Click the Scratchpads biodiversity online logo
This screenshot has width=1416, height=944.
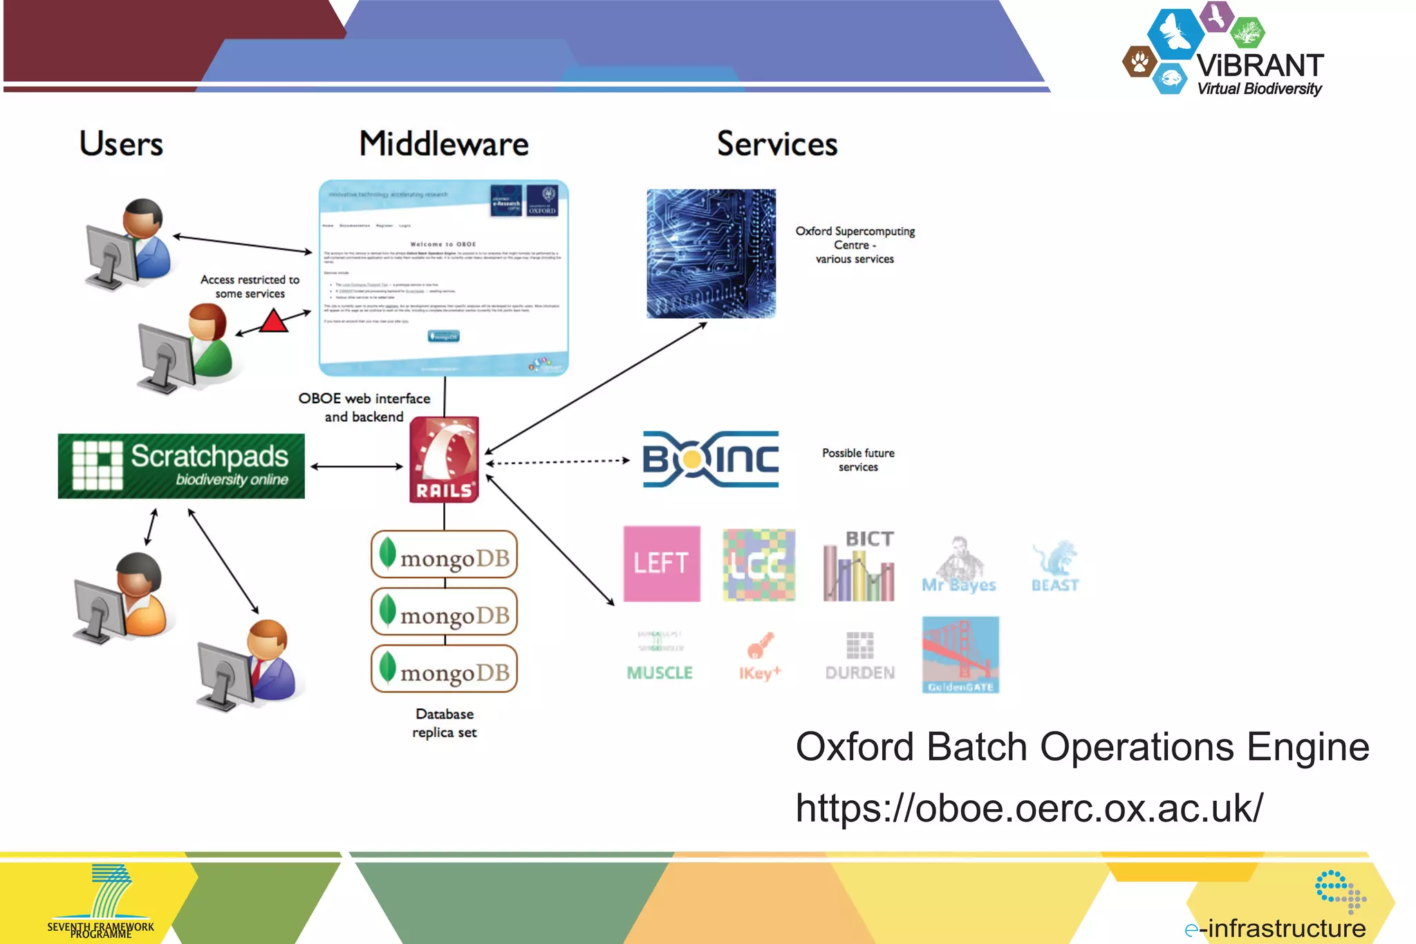[x=181, y=465]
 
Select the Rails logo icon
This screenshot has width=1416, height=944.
[x=444, y=459]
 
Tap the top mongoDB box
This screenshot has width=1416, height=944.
[x=444, y=555]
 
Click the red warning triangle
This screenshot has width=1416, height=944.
[x=274, y=322]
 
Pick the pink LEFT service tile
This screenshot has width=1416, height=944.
[x=662, y=564]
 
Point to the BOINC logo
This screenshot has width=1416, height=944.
[x=710, y=459]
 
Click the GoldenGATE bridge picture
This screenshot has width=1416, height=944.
[x=960, y=654]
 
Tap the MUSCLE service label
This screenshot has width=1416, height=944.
[x=660, y=672]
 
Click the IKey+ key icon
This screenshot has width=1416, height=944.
[x=759, y=646]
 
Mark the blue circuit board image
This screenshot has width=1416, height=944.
[x=711, y=254]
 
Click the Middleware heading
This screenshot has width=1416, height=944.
[x=444, y=145]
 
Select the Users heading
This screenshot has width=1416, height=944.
[x=121, y=144]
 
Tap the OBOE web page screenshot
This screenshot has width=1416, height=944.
[x=444, y=278]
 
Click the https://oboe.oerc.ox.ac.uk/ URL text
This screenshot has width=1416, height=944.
[x=1029, y=807]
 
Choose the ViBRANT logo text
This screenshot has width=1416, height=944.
[x=1260, y=66]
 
